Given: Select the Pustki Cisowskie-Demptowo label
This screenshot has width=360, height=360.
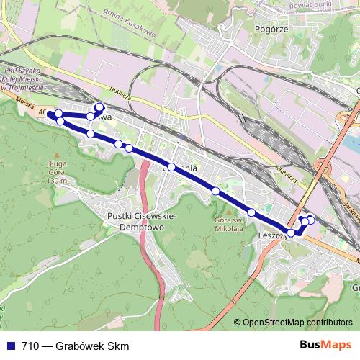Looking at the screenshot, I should [x=137, y=220].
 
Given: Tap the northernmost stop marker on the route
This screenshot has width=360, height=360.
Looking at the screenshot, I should [x=99, y=108].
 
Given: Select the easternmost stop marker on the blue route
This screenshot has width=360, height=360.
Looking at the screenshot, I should [x=311, y=220].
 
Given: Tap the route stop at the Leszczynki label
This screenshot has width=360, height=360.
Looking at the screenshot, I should [x=291, y=233].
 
